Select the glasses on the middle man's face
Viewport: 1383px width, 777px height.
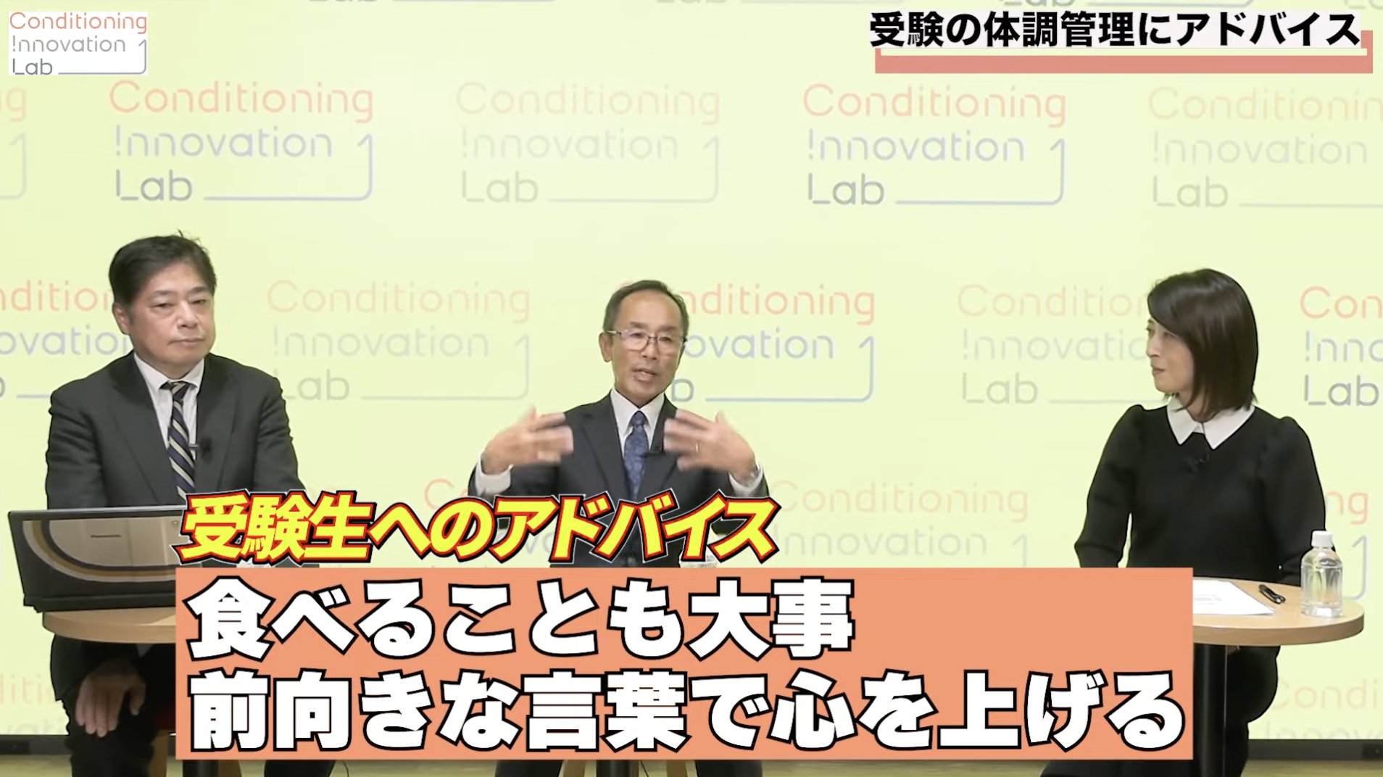pos(645,340)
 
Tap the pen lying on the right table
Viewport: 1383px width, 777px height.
pos(1272,593)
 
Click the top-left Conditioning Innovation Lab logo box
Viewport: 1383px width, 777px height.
pos(78,43)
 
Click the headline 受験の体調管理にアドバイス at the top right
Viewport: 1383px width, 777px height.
pos(1114,31)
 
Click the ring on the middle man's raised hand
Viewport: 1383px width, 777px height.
pos(697,446)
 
